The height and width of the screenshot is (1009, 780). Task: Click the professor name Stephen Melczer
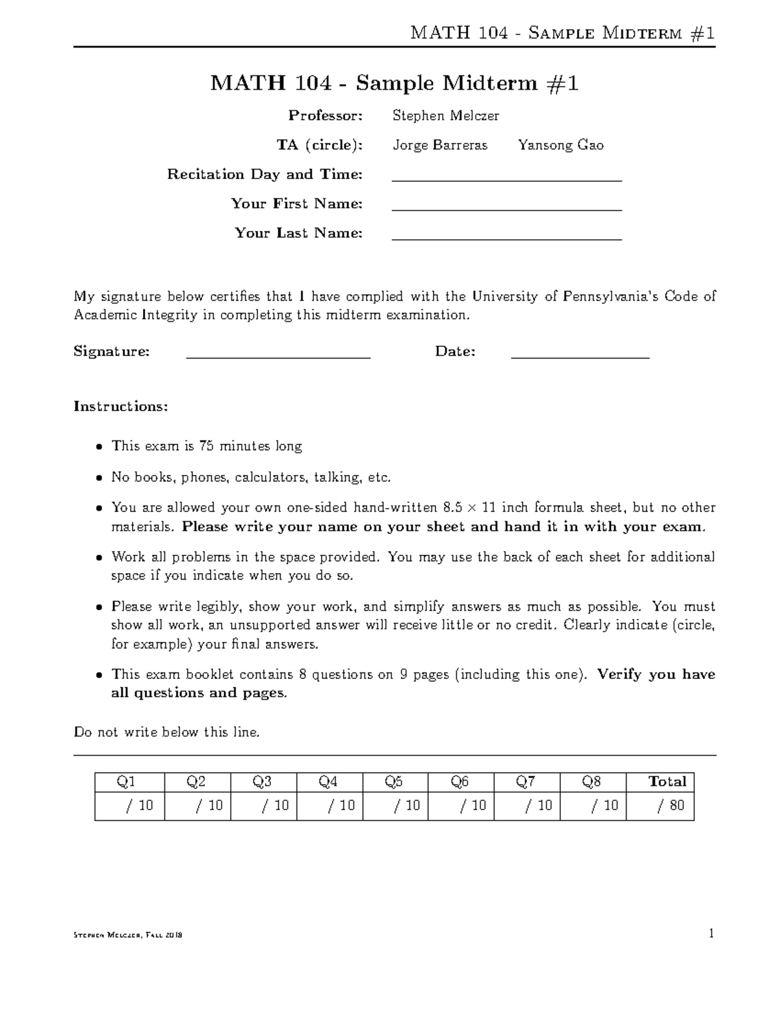(445, 116)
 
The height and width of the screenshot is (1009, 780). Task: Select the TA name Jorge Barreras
(439, 146)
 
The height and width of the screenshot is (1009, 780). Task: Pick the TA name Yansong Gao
(560, 146)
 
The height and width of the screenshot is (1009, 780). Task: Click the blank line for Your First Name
(507, 210)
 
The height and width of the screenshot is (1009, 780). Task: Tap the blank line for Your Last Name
(507, 239)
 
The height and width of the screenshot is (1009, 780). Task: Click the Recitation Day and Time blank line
(507, 180)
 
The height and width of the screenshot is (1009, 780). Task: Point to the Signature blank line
(278, 357)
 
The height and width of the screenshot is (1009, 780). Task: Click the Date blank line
(580, 357)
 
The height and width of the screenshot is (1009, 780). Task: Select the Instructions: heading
(121, 407)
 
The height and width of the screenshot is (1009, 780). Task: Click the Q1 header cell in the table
(129, 782)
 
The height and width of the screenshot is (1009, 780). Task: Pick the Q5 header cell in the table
(395, 782)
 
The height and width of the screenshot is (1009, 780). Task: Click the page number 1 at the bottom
(712, 934)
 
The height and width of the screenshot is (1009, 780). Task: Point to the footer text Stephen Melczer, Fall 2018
(128, 936)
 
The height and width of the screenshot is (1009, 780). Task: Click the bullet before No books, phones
(99, 478)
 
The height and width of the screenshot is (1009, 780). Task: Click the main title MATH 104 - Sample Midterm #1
(394, 83)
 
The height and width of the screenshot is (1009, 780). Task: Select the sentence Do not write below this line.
(167, 733)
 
